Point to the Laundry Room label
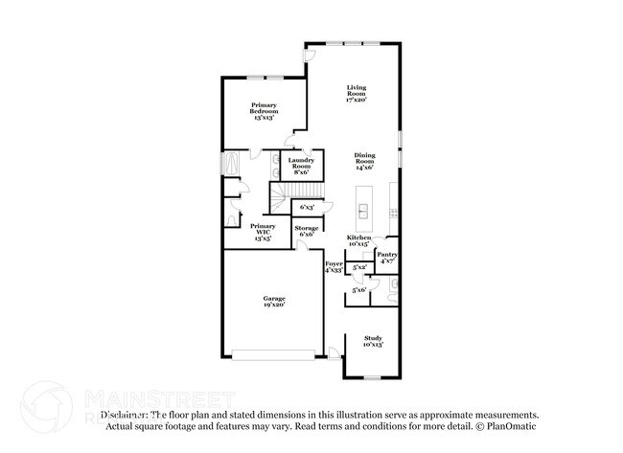(302, 166)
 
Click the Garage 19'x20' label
(274, 303)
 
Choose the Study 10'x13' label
(374, 340)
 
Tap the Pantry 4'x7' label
(388, 258)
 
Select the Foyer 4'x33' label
(334, 266)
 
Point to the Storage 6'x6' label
(307, 231)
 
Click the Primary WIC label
(263, 231)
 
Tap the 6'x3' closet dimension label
(308, 207)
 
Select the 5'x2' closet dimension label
(359, 268)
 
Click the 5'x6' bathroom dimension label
(359, 289)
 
